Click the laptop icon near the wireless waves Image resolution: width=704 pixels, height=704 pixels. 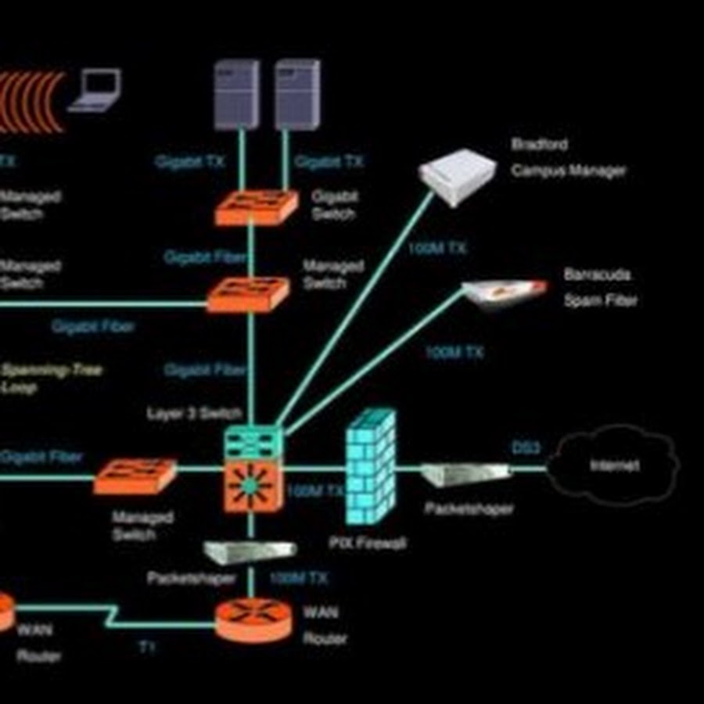click(x=95, y=91)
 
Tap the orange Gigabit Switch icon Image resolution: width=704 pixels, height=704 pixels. click(x=256, y=207)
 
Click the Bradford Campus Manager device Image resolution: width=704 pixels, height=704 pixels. click(x=458, y=176)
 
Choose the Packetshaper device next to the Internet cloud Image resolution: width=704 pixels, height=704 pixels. click(x=466, y=473)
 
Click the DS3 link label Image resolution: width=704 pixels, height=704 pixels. click(x=526, y=448)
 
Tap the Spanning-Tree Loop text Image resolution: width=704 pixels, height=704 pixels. click(x=52, y=378)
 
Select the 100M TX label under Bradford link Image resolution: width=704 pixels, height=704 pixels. click(x=437, y=249)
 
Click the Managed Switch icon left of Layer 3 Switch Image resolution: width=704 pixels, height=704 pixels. click(x=135, y=476)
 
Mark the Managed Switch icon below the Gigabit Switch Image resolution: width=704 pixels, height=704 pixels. click(x=247, y=294)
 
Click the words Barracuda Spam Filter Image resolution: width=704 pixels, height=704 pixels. click(x=599, y=287)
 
